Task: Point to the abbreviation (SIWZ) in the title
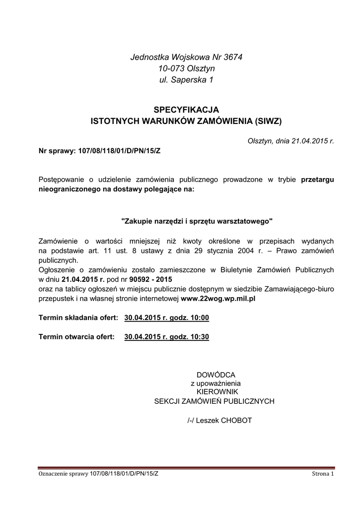click(x=268, y=121)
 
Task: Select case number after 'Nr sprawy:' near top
click(x=120, y=151)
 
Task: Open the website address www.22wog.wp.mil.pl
click(x=218, y=299)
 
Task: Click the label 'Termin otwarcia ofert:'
click(x=76, y=337)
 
